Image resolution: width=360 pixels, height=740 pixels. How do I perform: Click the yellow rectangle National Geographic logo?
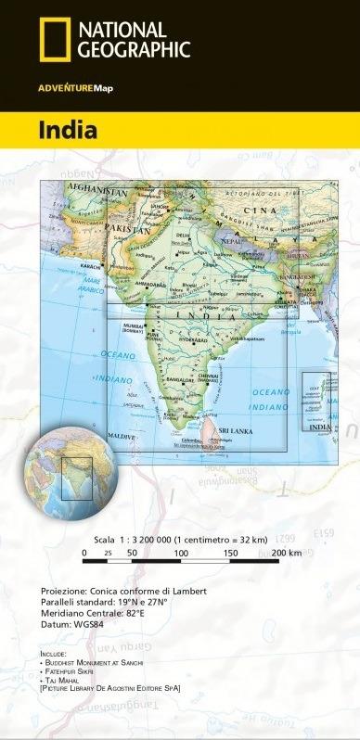(54, 42)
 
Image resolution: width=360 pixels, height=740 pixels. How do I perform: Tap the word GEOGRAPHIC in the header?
(135, 51)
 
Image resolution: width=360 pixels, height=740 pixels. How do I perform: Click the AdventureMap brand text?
(75, 88)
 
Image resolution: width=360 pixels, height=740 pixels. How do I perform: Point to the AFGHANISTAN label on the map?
(96, 192)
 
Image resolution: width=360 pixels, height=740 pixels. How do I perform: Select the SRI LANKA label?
(234, 432)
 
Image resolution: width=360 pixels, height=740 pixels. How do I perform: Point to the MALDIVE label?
(118, 435)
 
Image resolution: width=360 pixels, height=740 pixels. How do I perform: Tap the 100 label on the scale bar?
(181, 553)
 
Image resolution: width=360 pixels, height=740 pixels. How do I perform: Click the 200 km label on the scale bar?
(287, 553)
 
